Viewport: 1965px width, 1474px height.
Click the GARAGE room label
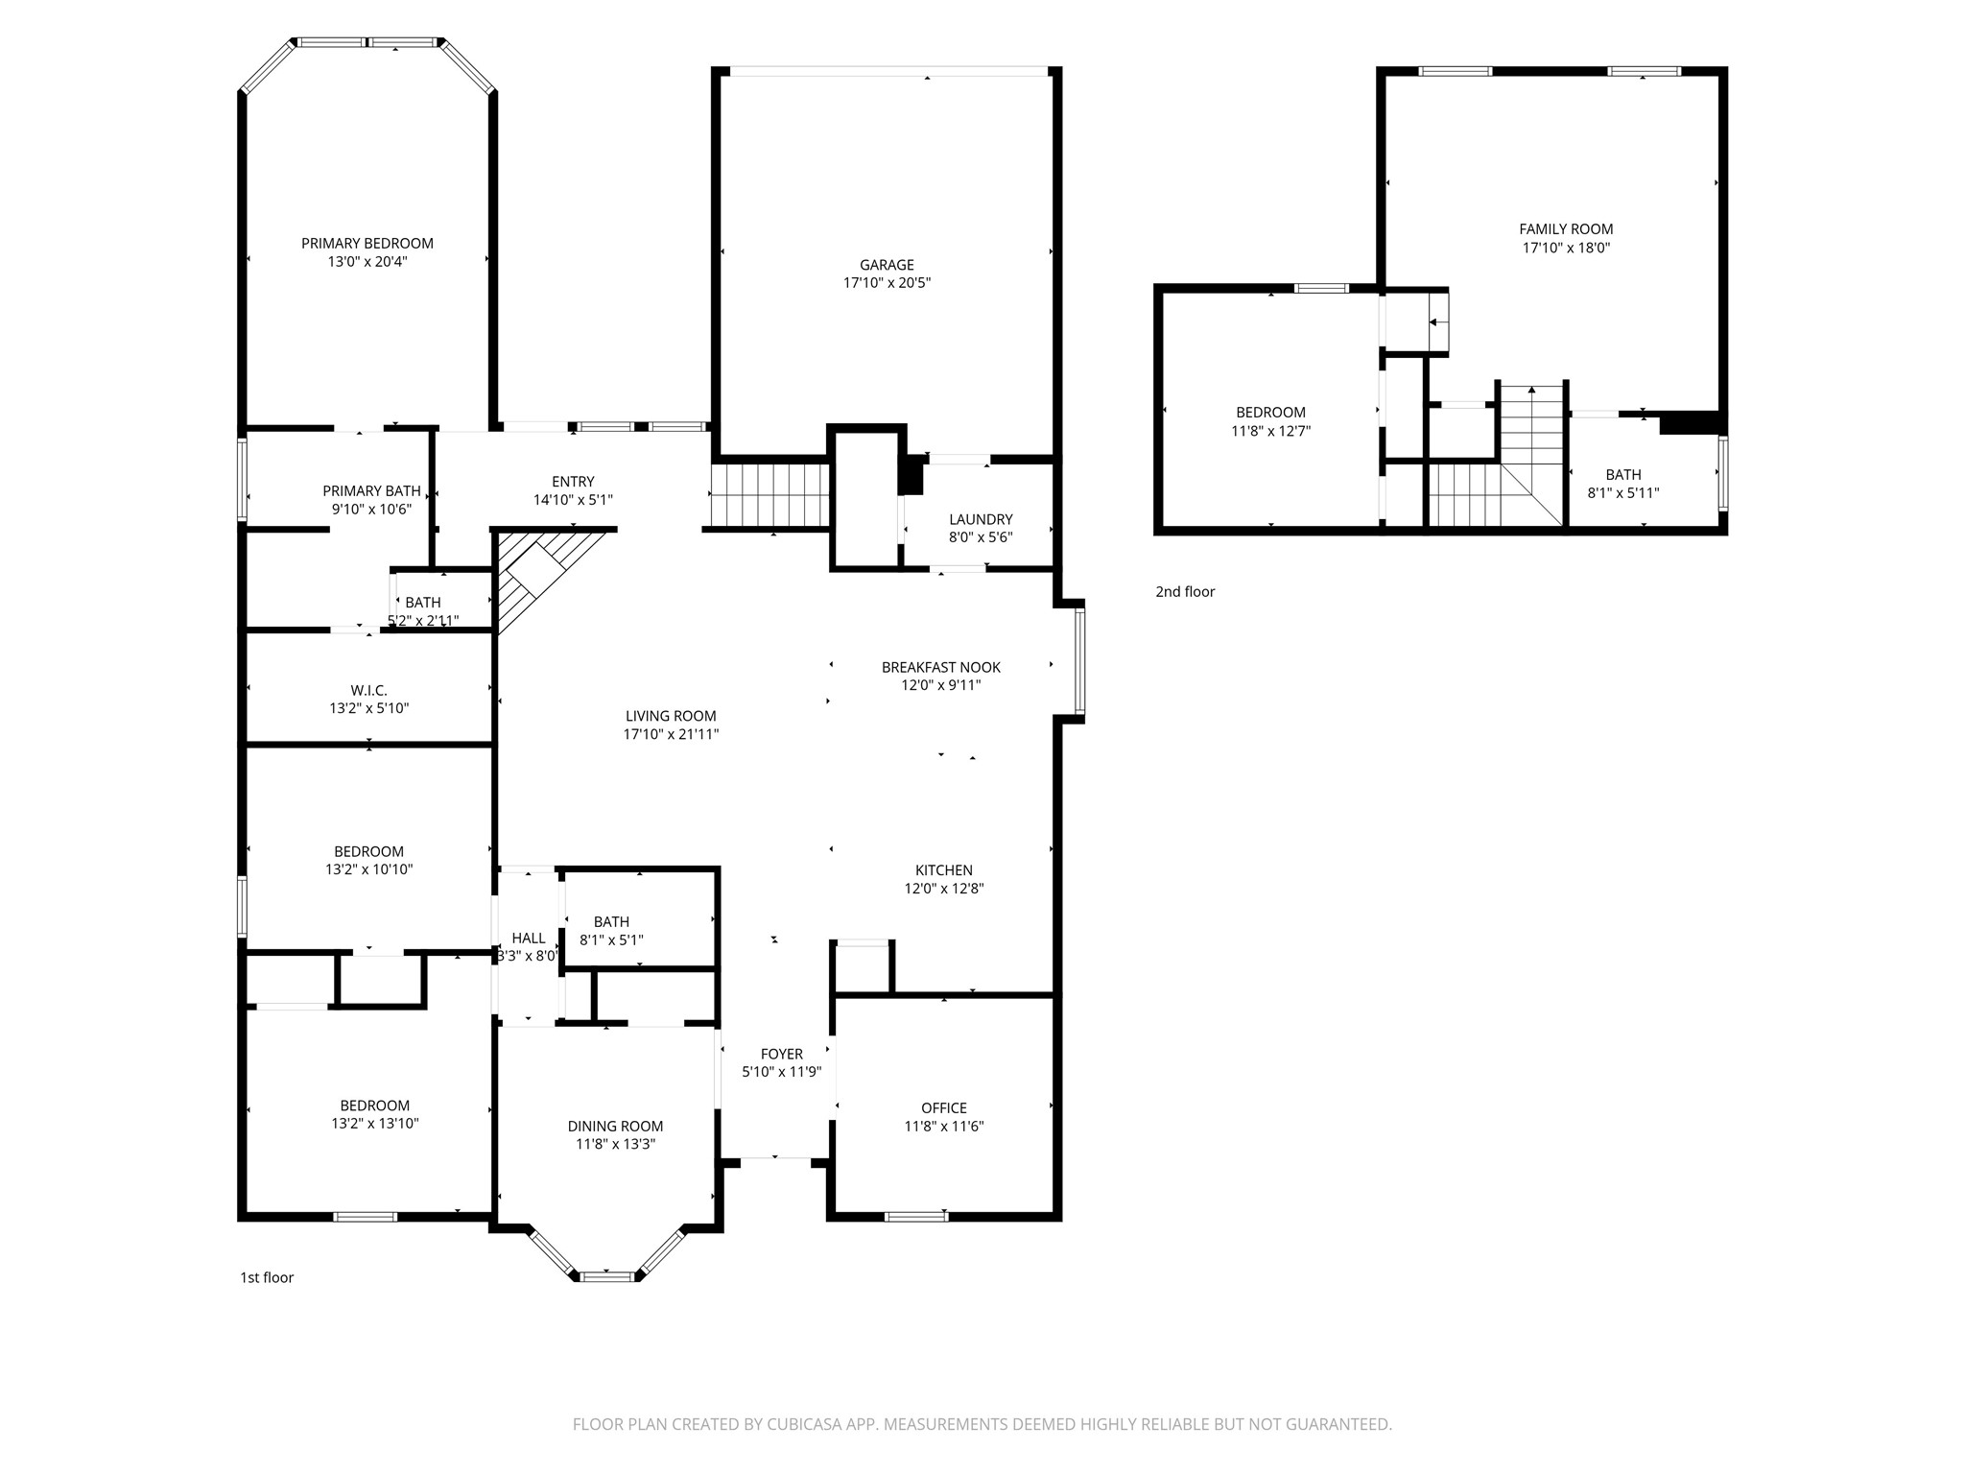click(887, 265)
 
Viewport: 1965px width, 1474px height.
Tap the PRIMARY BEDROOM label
click(367, 244)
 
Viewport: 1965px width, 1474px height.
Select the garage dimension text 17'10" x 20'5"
click(887, 283)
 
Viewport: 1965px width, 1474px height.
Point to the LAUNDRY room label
click(981, 519)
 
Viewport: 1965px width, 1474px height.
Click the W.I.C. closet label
click(368, 690)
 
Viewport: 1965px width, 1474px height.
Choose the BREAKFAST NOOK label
click(941, 667)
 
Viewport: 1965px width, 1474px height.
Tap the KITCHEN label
click(944, 870)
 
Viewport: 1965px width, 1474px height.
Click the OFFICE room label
click(944, 1108)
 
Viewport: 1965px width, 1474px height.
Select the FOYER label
click(782, 1054)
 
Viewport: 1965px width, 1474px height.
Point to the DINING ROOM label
click(615, 1127)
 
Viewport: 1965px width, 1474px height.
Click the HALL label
click(529, 939)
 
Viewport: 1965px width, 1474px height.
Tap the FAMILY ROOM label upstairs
click(1566, 229)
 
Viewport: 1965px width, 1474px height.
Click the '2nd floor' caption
click(1185, 592)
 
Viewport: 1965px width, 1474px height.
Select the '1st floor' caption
click(267, 1277)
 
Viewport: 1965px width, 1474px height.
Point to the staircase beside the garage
click(769, 495)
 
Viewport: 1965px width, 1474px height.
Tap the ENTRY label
click(573, 482)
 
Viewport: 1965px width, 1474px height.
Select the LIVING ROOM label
click(671, 716)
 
